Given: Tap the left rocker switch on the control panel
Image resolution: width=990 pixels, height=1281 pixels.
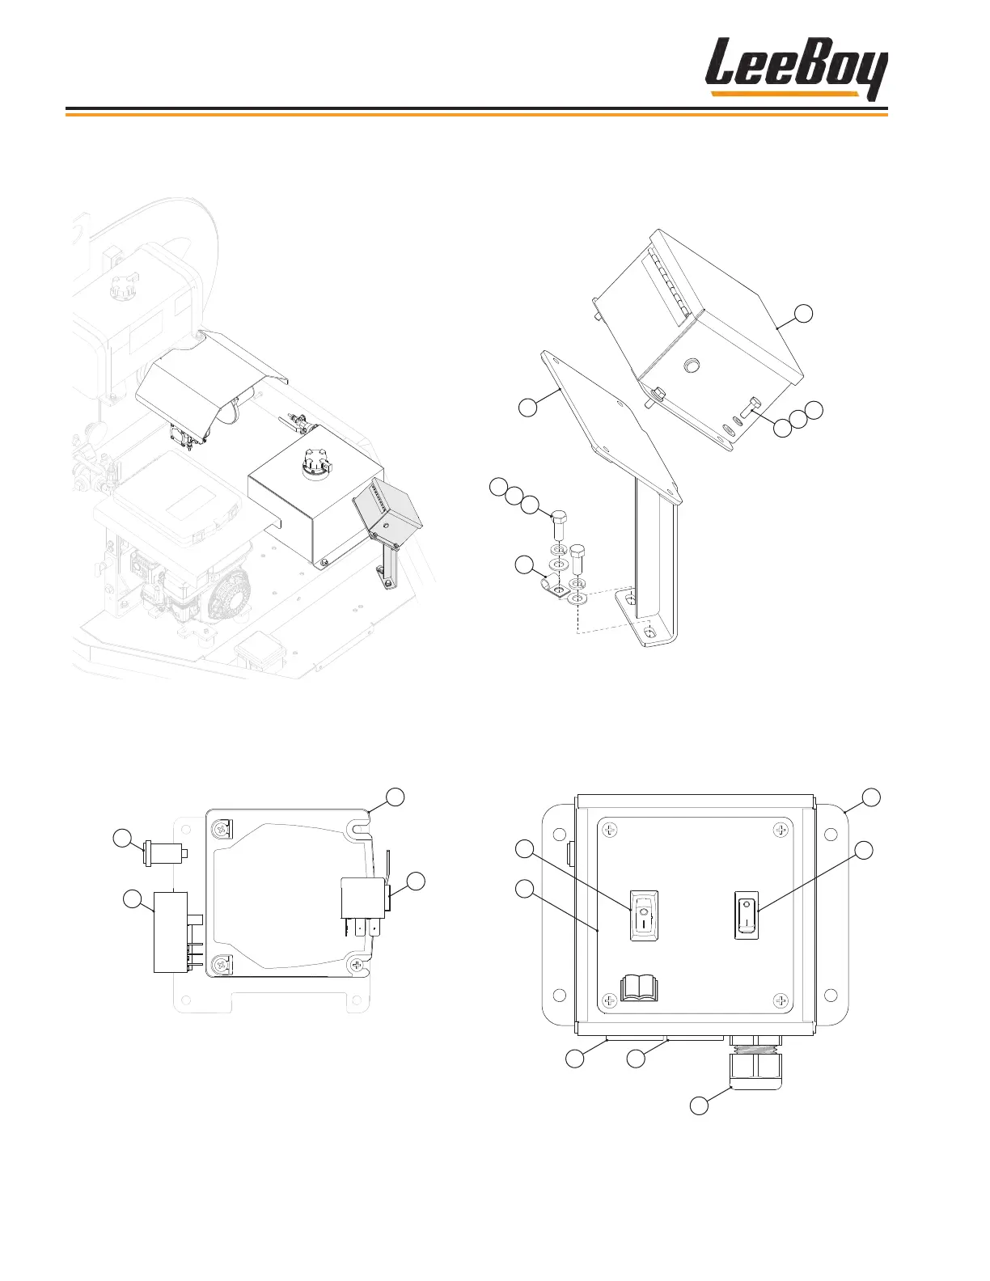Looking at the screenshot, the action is [x=644, y=916].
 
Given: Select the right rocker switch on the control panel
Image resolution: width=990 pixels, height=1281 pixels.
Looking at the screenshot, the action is [x=747, y=915].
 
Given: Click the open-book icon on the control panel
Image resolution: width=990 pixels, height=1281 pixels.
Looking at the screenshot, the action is [x=640, y=987].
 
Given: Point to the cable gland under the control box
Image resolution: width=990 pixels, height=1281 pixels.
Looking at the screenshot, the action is [x=753, y=1067].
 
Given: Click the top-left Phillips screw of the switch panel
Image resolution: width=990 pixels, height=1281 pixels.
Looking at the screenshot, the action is [x=611, y=831].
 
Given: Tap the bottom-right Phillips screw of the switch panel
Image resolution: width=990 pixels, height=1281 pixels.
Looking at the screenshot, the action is [x=781, y=1001].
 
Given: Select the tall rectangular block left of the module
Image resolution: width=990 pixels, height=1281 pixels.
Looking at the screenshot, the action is [x=171, y=932].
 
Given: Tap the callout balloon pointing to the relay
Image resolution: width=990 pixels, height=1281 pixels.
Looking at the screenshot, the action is [x=415, y=882].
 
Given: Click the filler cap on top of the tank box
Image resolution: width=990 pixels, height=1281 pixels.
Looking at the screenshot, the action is [x=311, y=463].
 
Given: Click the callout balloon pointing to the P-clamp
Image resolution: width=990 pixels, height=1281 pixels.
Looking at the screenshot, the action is [x=526, y=565].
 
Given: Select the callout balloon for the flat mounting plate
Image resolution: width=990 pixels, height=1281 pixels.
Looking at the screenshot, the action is [x=527, y=408].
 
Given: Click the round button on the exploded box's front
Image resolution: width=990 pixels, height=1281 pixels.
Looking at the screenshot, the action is [x=691, y=366].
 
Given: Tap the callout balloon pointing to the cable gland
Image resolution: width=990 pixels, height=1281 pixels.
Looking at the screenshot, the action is [x=700, y=1106].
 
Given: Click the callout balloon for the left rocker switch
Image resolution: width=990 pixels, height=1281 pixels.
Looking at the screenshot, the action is [x=526, y=848].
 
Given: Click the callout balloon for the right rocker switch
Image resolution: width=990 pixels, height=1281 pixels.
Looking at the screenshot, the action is [x=864, y=849].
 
